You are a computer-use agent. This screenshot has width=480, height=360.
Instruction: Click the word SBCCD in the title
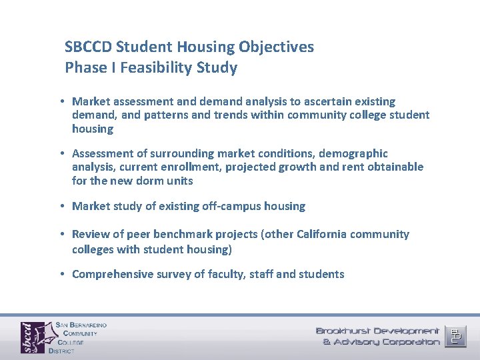(88, 47)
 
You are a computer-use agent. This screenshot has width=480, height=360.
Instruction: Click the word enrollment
(191, 167)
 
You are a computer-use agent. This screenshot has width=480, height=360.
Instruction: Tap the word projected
(251, 167)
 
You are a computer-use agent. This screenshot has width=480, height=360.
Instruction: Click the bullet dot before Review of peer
(61, 234)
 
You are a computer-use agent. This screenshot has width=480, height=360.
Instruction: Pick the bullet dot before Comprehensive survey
(61, 274)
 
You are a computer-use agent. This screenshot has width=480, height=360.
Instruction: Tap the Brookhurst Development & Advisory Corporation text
(377, 336)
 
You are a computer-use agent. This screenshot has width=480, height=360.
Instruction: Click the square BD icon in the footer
(457, 335)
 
